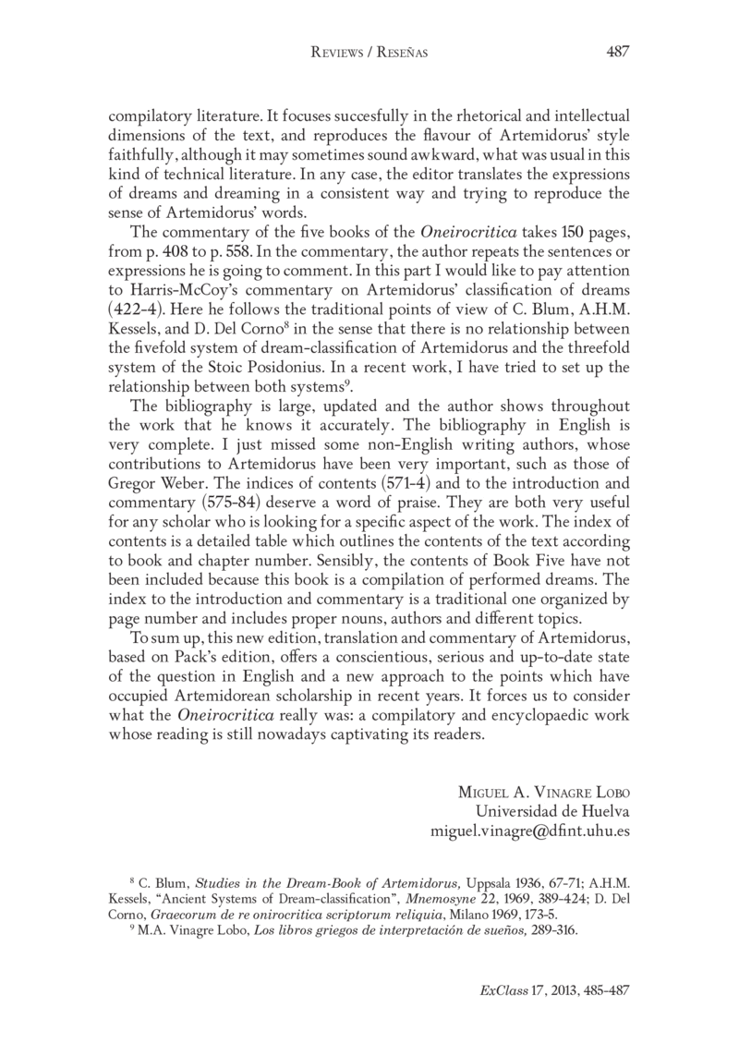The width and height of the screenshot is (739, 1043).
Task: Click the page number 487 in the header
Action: click(617, 52)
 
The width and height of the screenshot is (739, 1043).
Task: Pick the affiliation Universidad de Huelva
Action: click(551, 811)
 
